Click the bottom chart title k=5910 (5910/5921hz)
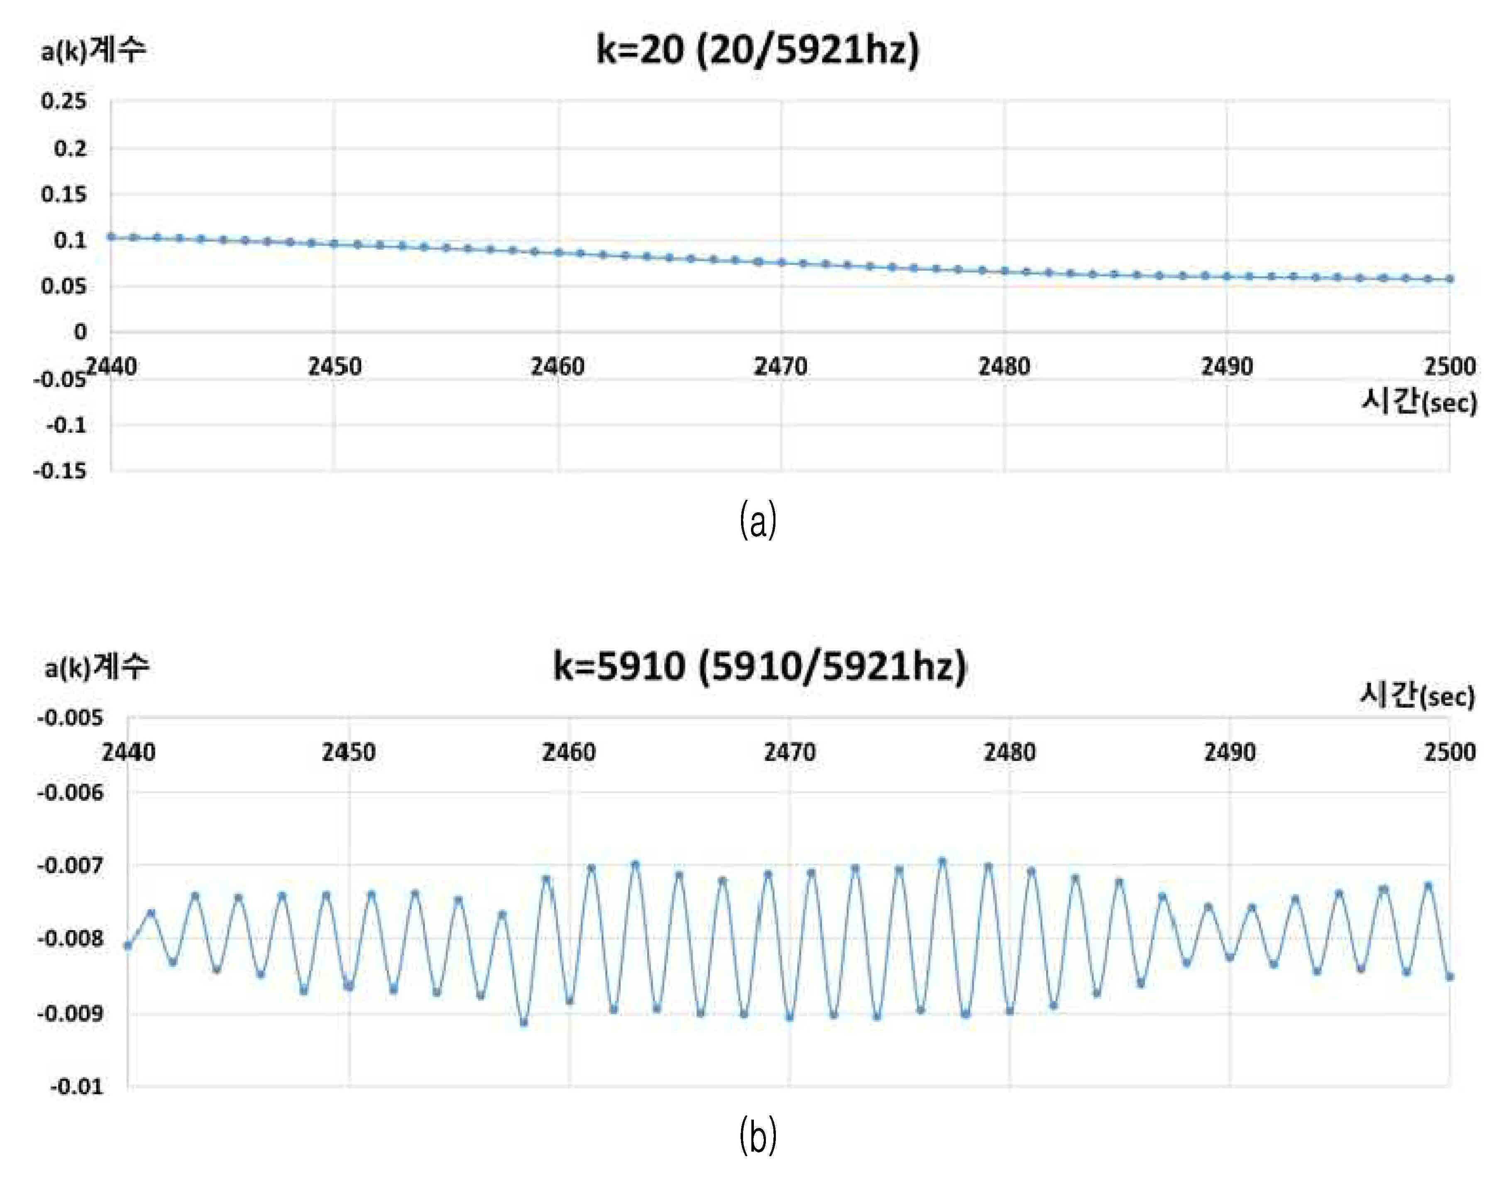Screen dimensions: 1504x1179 pos(760,667)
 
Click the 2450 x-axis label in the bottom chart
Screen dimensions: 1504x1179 pos(349,752)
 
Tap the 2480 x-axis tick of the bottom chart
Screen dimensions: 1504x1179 pos(1009,752)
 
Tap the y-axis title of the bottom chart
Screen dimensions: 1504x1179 pos(97,667)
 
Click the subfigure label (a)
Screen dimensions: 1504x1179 pos(758,521)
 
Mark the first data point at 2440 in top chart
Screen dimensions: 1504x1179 pos(111,237)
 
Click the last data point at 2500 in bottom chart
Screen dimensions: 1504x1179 pos(1450,977)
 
